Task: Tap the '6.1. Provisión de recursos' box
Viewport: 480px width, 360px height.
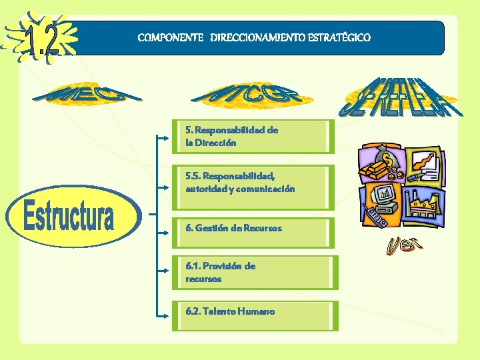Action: [x=253, y=273]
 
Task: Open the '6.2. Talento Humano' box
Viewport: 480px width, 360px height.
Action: [x=253, y=311]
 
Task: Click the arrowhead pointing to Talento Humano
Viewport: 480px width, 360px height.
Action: [x=166, y=315]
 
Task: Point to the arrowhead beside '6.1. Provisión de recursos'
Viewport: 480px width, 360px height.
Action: [x=166, y=271]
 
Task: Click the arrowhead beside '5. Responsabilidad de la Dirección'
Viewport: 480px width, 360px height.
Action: [x=166, y=138]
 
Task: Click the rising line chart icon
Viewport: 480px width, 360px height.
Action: [x=423, y=163]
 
